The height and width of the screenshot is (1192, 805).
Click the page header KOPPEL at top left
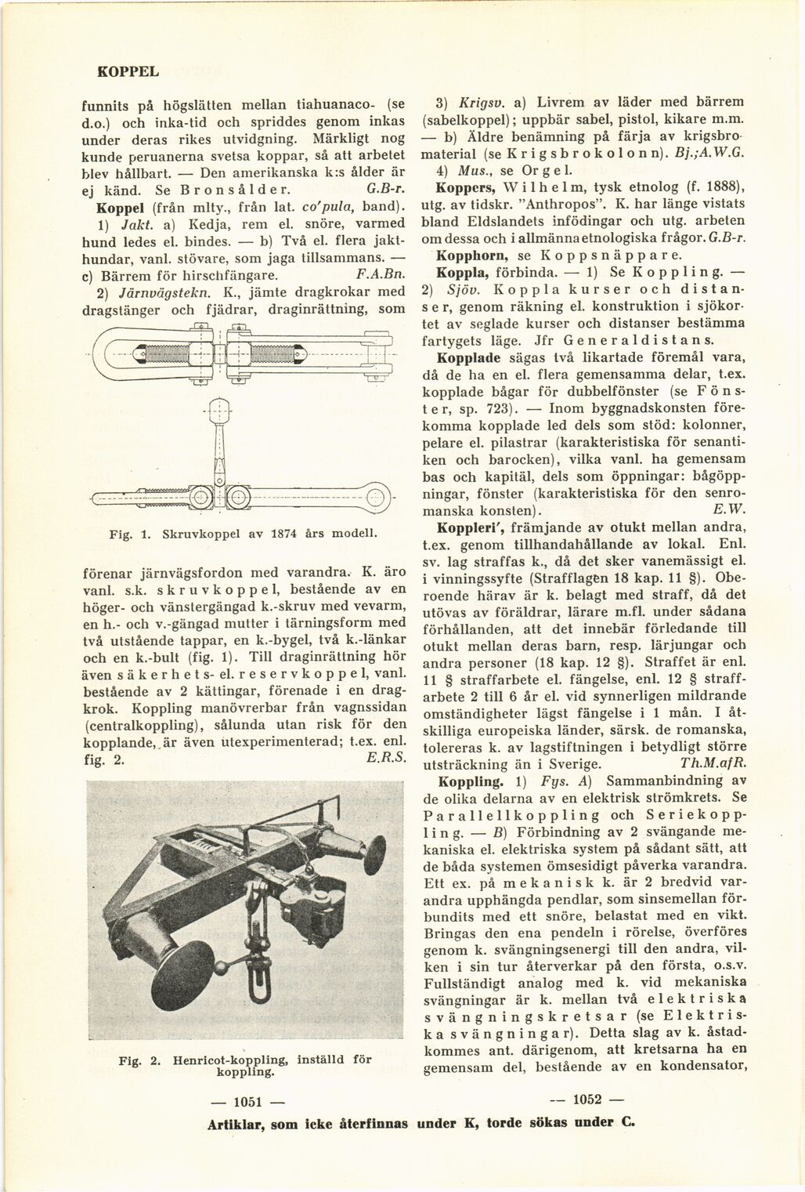(x=128, y=71)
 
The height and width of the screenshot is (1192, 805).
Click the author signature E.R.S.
(x=384, y=758)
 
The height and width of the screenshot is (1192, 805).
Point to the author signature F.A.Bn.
(x=379, y=275)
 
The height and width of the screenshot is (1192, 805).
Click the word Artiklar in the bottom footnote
(x=236, y=1121)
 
